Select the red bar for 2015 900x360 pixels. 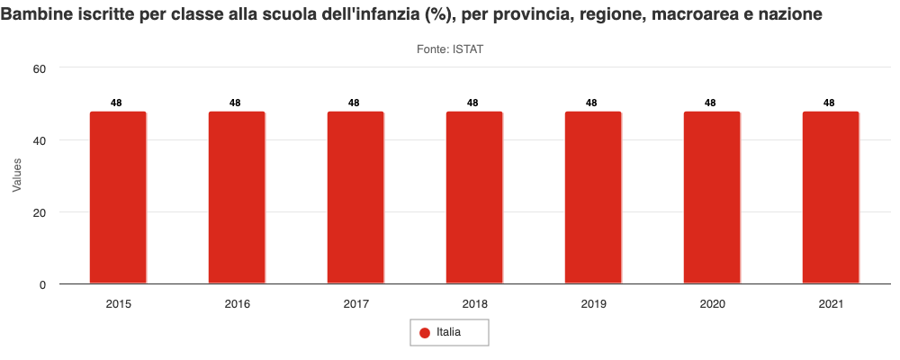coord(118,198)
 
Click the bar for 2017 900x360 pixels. coord(355,198)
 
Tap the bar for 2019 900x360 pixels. coord(593,198)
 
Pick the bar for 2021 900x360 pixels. coord(831,198)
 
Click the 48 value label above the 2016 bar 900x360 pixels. coord(235,103)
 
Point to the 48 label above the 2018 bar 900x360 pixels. coord(472,103)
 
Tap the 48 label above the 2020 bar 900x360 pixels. coord(710,103)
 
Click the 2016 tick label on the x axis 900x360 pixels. coord(237,304)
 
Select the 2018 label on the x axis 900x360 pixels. coord(474,304)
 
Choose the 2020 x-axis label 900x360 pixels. coord(712,304)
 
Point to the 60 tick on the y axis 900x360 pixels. coord(40,67)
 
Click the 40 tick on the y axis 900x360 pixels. coord(40,140)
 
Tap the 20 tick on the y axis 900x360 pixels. coord(40,212)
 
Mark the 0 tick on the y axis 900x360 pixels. coord(42,285)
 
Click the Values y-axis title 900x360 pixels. coord(16,175)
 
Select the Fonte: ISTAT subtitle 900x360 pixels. coord(450,49)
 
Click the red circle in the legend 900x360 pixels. coord(425,333)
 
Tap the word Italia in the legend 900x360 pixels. coord(449,333)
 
